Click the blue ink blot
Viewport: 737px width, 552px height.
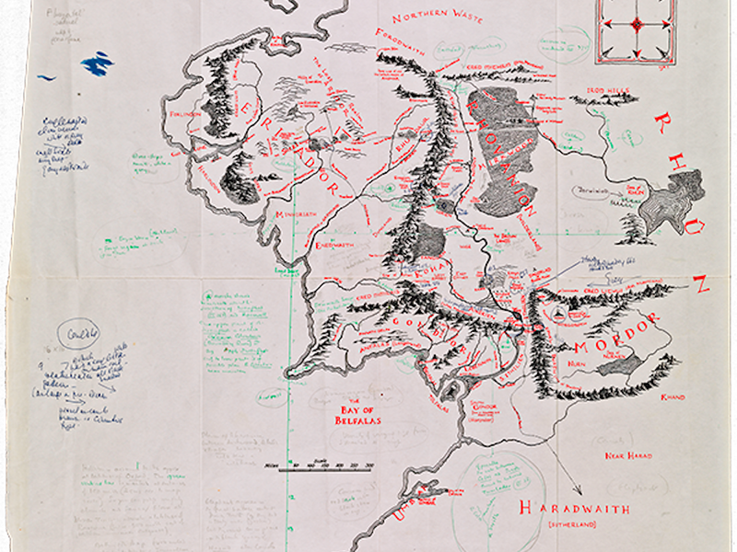click(x=98, y=63)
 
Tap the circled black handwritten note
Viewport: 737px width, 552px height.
click(x=70, y=333)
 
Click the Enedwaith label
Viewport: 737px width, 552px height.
click(x=331, y=247)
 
